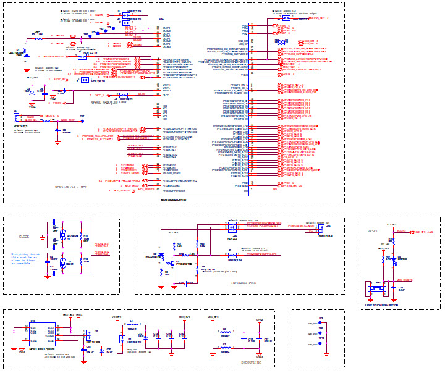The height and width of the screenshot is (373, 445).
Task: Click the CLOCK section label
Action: click(x=24, y=237)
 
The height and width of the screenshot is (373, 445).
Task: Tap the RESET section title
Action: click(x=373, y=231)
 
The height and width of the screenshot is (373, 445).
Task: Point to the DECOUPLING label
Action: click(x=251, y=363)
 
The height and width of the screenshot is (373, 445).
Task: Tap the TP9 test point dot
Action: click(x=321, y=324)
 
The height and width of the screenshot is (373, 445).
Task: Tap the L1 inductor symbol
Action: click(x=132, y=325)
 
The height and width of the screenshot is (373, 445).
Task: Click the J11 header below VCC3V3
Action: click(x=122, y=339)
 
